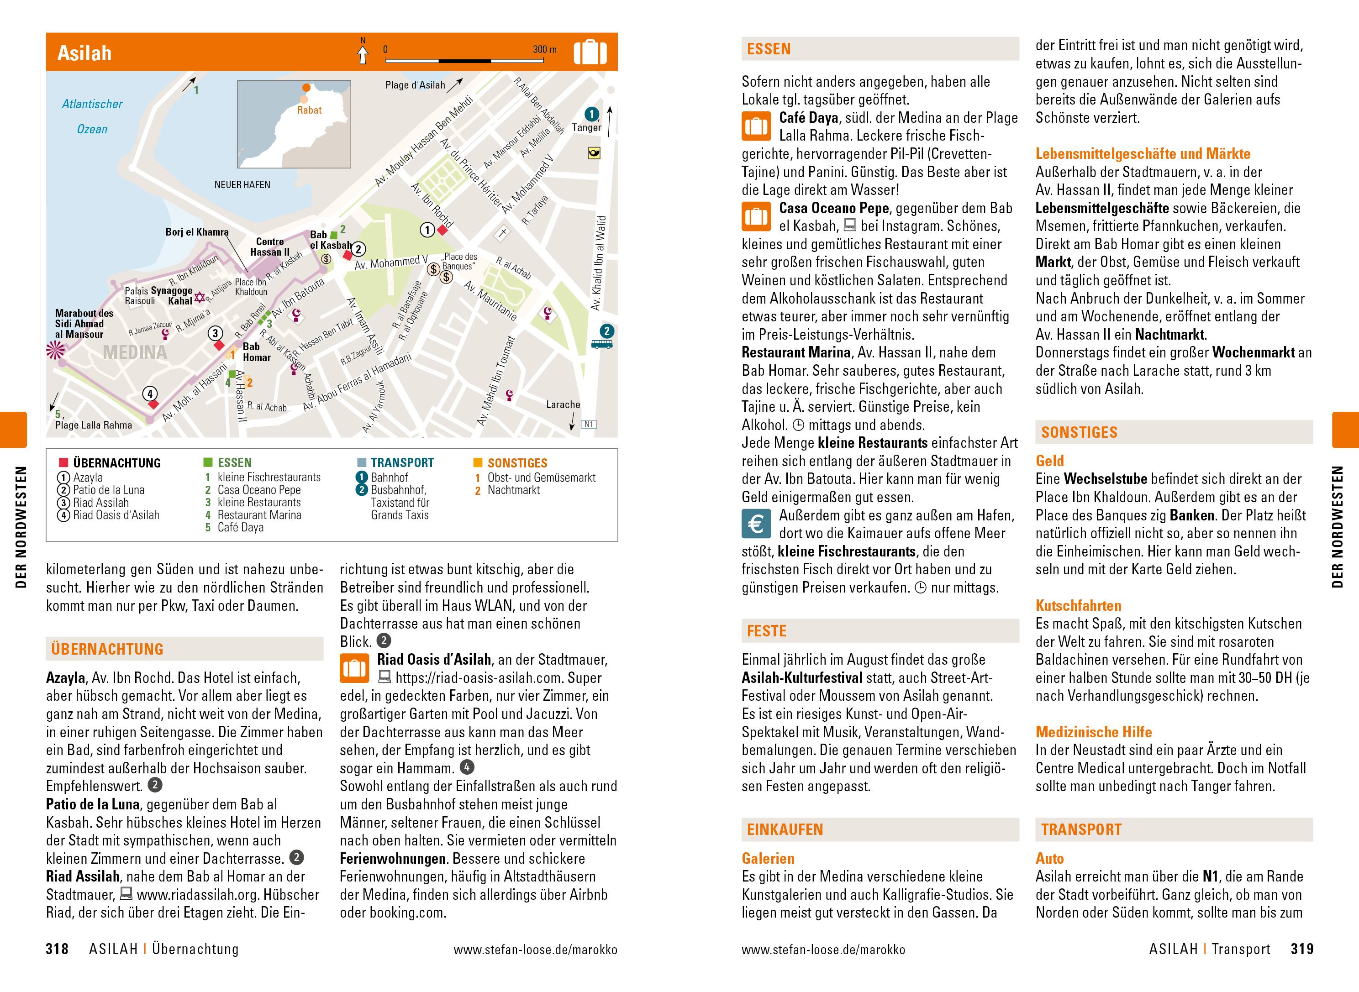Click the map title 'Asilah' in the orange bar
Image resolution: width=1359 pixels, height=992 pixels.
pos(84,53)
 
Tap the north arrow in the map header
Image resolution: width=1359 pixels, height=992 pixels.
pos(363,54)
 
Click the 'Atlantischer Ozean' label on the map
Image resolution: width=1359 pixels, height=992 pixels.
pos(92,116)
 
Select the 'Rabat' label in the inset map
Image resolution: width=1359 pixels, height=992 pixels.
pos(309,110)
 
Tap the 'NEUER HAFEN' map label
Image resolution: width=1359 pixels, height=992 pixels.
pos(242,184)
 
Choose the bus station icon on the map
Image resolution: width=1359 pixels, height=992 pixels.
pos(602,344)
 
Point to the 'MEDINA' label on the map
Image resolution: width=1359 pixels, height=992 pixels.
pos(135,352)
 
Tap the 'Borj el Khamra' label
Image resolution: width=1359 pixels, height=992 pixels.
pos(197,232)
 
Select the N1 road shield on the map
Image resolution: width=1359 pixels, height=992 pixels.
pos(589,425)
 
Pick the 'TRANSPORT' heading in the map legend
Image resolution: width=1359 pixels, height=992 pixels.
pos(402,463)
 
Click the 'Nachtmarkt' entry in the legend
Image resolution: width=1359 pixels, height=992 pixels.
pos(513,490)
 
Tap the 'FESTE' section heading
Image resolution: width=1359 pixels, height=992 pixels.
pos(766,631)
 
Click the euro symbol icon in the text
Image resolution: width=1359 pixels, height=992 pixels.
pos(755,524)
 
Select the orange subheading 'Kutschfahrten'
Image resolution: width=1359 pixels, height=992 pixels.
pos(1078,605)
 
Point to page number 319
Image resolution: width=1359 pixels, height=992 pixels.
pos(1302,949)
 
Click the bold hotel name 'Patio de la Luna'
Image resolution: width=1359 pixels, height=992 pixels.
pos(93,804)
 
